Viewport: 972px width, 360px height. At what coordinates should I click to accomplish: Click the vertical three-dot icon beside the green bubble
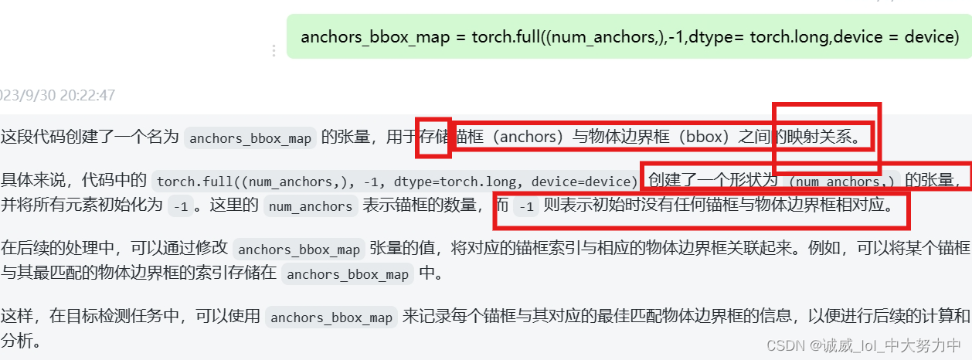tap(273, 51)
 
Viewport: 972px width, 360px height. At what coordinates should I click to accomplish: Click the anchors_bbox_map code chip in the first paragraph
tap(250, 138)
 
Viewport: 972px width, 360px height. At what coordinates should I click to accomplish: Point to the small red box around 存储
tap(433, 138)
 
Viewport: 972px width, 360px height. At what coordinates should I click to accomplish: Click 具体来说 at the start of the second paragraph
tap(31, 181)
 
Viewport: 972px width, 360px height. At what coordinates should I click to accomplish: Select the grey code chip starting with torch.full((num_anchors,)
tap(396, 182)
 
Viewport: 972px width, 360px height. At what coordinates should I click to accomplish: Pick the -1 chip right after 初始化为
tap(180, 206)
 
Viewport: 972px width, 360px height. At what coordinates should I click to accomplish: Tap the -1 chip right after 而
tap(526, 206)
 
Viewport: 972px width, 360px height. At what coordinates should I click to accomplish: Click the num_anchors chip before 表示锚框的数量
tap(309, 206)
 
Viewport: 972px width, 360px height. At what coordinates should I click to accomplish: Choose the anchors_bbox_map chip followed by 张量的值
tap(299, 249)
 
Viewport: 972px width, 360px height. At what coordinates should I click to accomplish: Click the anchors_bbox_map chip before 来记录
tap(331, 317)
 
